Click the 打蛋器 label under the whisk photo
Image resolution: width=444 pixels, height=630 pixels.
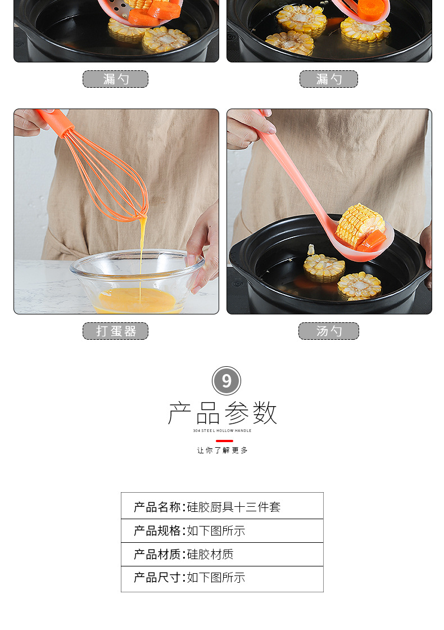tap(116, 331)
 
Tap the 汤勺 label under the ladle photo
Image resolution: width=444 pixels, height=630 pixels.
tap(329, 331)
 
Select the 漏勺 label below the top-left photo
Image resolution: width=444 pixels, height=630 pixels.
tap(116, 79)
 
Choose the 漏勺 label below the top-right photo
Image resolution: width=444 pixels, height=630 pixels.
tap(329, 79)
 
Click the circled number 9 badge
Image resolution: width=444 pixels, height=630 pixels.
tap(226, 380)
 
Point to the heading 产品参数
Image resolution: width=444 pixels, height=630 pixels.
tap(223, 413)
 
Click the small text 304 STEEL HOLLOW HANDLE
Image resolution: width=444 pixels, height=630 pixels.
tap(222, 431)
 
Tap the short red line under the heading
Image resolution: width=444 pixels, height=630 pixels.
tap(224, 441)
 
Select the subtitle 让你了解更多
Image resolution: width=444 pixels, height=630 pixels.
tap(223, 451)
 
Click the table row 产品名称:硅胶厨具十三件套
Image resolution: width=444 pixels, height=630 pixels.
tap(223, 506)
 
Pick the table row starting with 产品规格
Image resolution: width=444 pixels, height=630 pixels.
tap(223, 531)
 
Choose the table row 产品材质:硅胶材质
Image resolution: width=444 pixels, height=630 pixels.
tap(223, 555)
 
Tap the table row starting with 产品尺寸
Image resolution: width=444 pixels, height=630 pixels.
tap(223, 579)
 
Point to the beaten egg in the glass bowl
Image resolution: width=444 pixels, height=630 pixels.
tap(137, 300)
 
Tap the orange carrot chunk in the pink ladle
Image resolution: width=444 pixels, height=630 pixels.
tap(372, 240)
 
